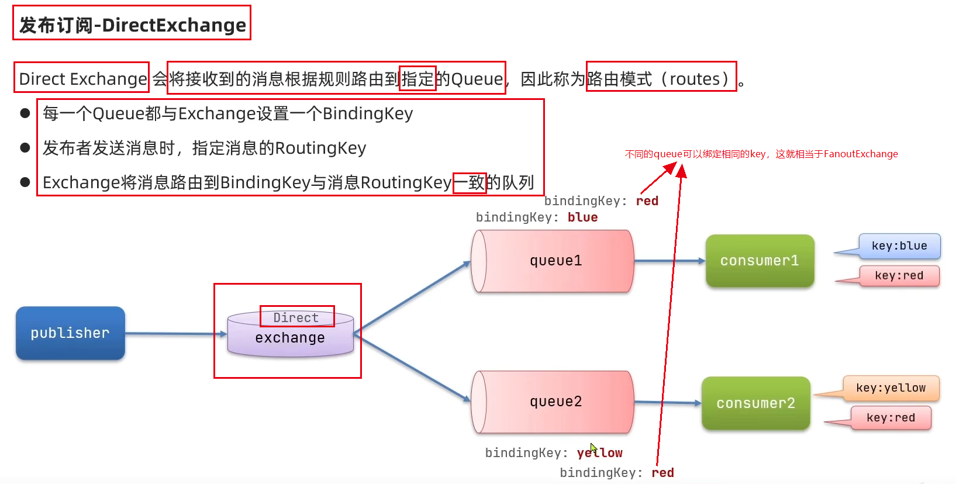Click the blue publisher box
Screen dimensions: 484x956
(70, 333)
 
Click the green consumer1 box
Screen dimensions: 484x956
(760, 261)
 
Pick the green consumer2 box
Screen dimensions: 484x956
(755, 403)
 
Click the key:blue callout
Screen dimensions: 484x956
(899, 246)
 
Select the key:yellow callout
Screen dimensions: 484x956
(891, 388)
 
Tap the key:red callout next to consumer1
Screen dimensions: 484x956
(899, 276)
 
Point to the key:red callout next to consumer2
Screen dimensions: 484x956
(891, 418)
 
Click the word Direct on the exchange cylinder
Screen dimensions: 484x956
(296, 317)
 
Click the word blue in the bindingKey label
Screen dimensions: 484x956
(582, 217)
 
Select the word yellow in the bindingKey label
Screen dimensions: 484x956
(599, 453)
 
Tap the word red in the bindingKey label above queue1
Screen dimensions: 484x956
(647, 201)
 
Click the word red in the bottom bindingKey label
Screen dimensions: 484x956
(662, 473)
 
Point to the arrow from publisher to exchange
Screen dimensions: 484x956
(175, 334)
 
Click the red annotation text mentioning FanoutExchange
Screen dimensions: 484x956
(761, 154)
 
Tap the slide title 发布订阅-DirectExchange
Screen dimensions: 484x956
(132, 25)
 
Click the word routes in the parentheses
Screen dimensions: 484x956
(695, 79)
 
